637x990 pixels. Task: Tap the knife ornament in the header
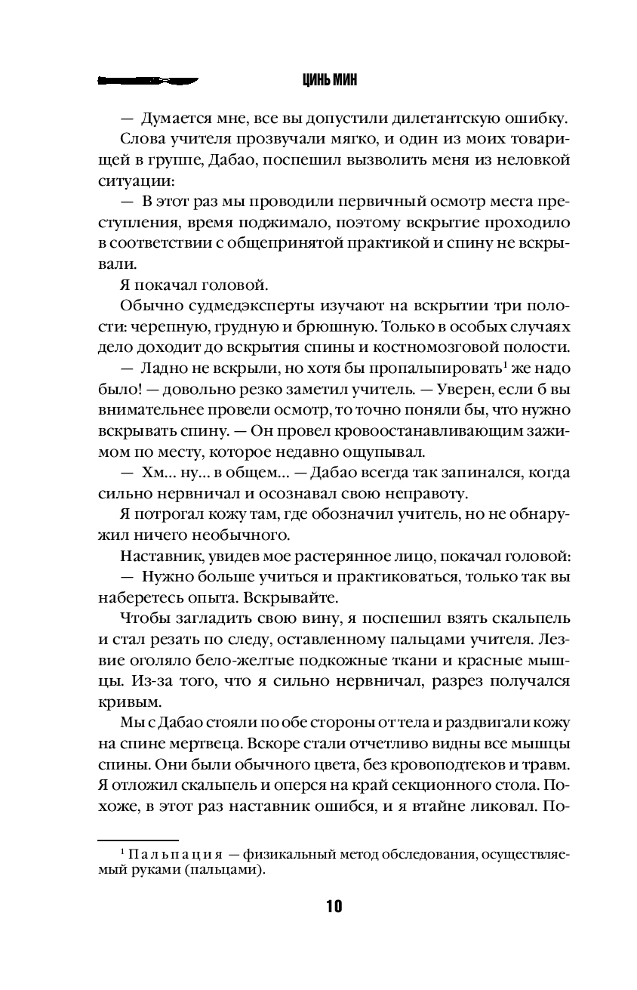(148, 79)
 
